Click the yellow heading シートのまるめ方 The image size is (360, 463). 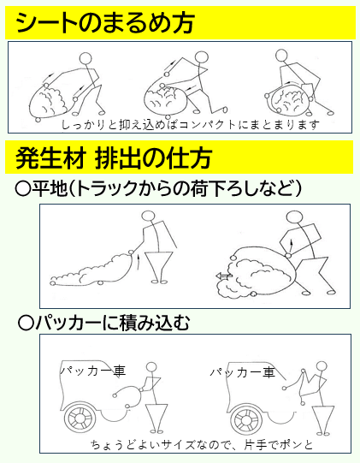pyautogui.click(x=105, y=23)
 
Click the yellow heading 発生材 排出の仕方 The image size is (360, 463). pyautogui.click(x=114, y=157)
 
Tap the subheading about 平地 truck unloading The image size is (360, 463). pyautogui.click(x=159, y=188)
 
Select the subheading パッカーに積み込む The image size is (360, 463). pyautogui.click(x=103, y=324)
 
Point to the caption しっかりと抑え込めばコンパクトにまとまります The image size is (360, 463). pyautogui.click(x=191, y=125)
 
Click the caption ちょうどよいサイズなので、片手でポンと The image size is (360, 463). pyautogui.click(x=202, y=444)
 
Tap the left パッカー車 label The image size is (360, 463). pyautogui.click(x=93, y=371)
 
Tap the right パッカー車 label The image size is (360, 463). pyautogui.click(x=243, y=372)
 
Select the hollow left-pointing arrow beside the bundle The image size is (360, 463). pyautogui.click(x=224, y=276)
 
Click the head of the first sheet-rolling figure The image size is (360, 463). pyautogui.click(x=86, y=58)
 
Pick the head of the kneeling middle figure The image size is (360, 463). pyautogui.click(x=202, y=57)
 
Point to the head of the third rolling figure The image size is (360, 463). pyautogui.click(x=281, y=56)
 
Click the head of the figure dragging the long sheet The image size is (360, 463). pyautogui.click(x=149, y=216)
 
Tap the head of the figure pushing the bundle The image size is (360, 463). pyautogui.click(x=295, y=217)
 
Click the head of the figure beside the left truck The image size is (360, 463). pyautogui.click(x=151, y=367)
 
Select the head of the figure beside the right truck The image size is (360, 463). pyautogui.click(x=322, y=366)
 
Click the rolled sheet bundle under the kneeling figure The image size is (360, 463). pyautogui.click(x=165, y=99)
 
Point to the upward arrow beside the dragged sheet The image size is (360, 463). pyautogui.click(x=138, y=261)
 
